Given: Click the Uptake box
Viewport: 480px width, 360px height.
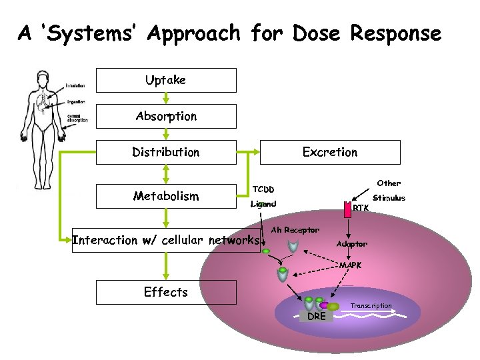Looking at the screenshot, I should click(x=166, y=80).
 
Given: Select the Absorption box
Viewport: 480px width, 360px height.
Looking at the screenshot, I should click(x=166, y=116).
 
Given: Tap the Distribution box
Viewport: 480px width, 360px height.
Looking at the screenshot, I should click(x=166, y=152).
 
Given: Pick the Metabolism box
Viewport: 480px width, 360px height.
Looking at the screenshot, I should click(x=166, y=196).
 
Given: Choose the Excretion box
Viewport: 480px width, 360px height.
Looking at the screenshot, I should click(x=330, y=152).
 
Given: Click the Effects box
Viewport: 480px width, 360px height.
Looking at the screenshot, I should click(x=166, y=292).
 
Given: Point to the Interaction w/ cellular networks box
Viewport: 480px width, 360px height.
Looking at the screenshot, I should click(x=166, y=240).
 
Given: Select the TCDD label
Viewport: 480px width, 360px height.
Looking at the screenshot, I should click(x=262, y=189).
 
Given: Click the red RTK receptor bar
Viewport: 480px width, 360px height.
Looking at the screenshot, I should click(x=347, y=209).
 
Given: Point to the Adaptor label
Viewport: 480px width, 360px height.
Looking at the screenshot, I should click(x=351, y=244).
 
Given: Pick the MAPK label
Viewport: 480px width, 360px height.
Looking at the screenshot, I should click(x=351, y=265).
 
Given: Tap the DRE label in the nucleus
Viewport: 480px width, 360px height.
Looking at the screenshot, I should click(x=317, y=316).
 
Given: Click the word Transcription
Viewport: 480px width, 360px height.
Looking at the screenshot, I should click(x=371, y=306).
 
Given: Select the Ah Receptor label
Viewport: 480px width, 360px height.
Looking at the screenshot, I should click(x=295, y=230).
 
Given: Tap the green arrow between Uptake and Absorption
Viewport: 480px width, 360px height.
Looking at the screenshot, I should click(x=166, y=98).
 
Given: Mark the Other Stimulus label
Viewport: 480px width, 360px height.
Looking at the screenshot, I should click(x=389, y=190).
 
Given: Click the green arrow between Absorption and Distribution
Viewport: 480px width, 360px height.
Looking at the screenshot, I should click(x=166, y=134).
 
